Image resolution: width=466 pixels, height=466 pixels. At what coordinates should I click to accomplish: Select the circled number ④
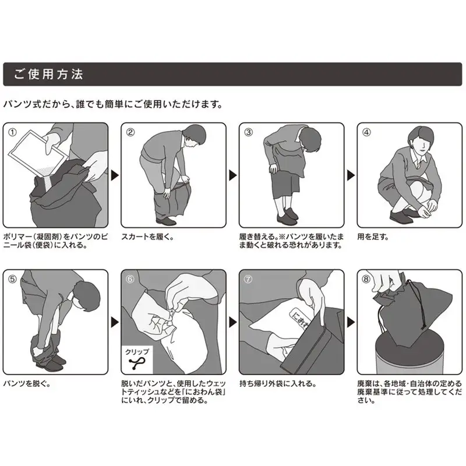366,132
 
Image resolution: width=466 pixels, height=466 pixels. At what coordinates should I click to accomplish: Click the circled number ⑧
366,278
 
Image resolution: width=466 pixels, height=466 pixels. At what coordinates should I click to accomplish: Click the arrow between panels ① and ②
114,174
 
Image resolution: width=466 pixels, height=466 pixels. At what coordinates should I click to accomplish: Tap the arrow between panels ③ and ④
350,174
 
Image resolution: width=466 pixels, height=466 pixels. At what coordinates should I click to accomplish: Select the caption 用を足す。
372,237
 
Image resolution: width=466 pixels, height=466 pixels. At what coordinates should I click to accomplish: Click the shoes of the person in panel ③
287,220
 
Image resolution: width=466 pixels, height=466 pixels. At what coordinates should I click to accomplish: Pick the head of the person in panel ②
196,135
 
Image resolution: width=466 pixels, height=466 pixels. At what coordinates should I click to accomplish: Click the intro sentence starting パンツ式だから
112,105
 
